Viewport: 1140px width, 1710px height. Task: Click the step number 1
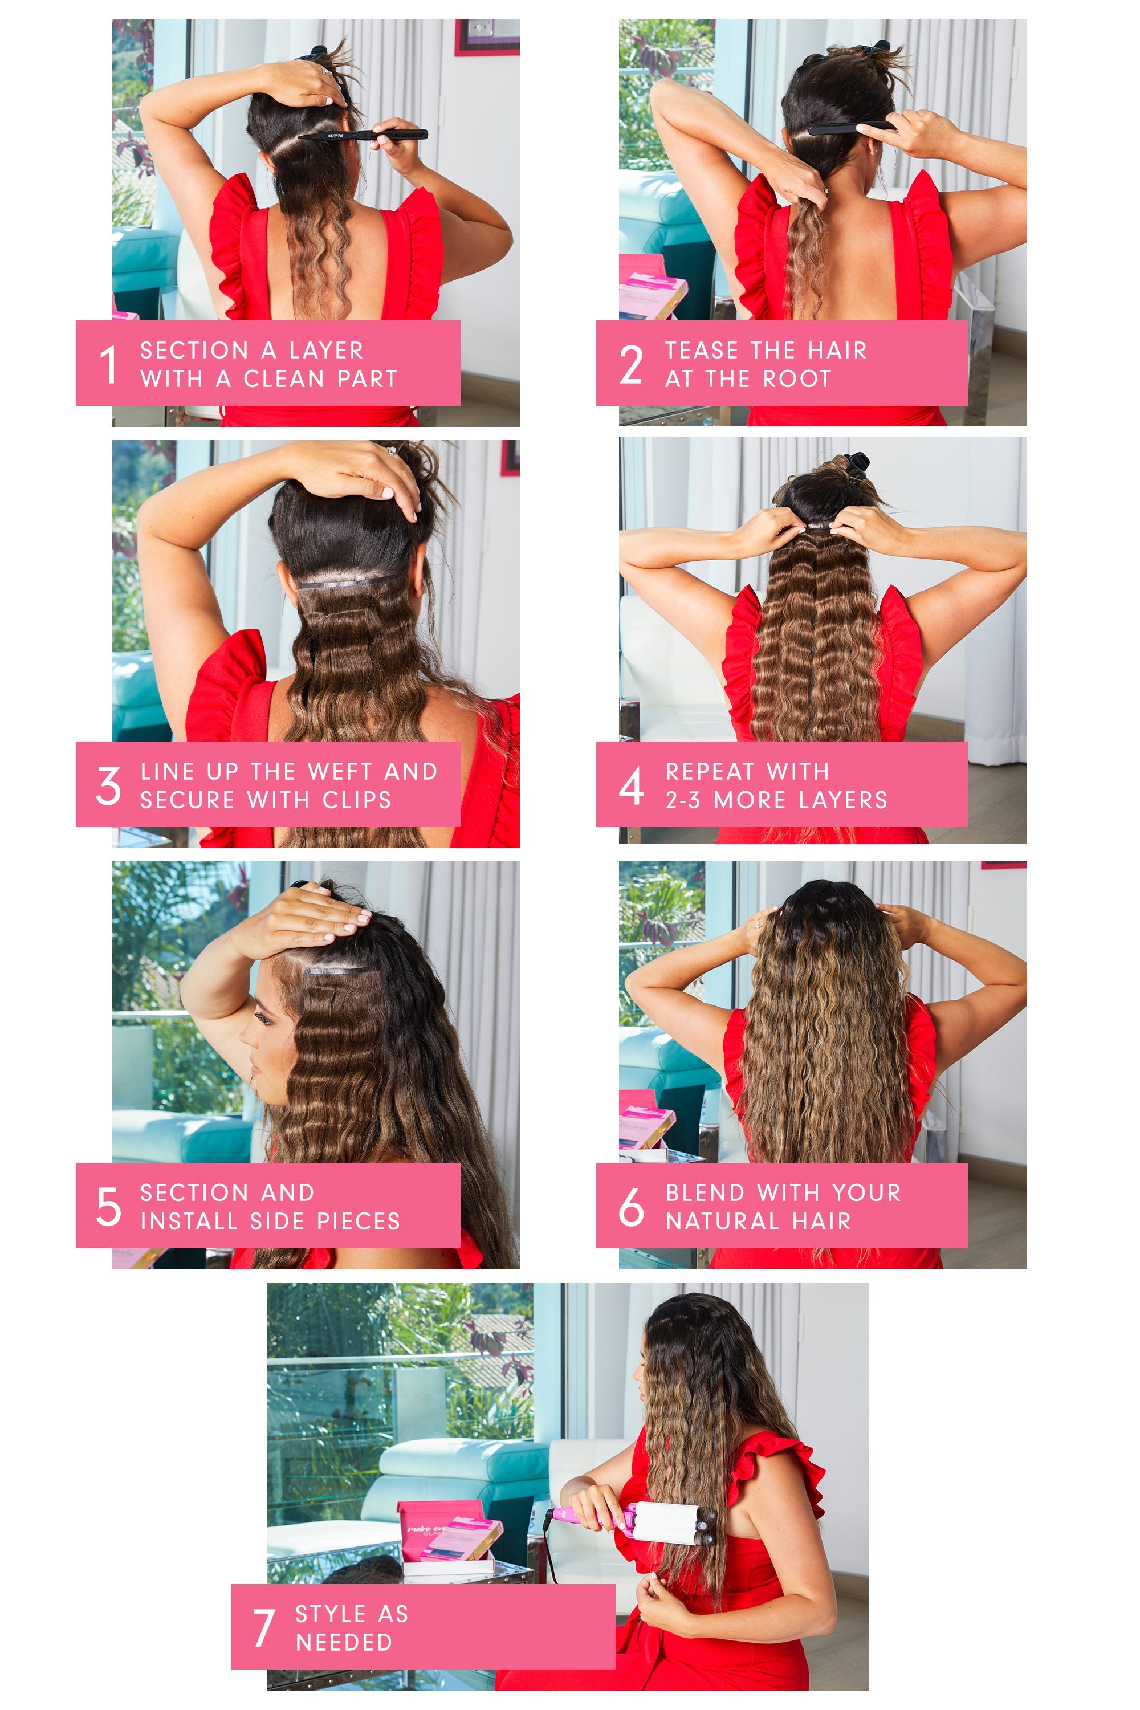(x=108, y=364)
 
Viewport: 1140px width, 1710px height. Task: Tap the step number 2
(x=631, y=364)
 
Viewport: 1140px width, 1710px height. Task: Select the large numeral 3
(x=108, y=785)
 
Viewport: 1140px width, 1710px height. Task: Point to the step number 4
(x=631, y=785)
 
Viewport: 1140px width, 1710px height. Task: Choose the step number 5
(x=108, y=1206)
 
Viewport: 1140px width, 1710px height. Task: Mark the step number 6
(x=631, y=1206)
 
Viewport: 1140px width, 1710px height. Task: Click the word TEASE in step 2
(x=694, y=351)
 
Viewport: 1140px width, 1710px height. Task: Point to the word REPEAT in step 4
(x=710, y=771)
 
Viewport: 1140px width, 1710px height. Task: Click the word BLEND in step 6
(x=705, y=1192)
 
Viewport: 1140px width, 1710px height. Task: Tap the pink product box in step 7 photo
(x=449, y=1534)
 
